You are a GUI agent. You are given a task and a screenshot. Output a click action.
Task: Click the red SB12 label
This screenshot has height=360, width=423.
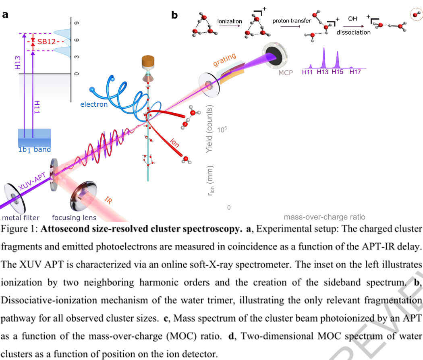47,42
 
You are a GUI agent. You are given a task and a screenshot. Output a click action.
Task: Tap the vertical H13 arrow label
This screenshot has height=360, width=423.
18,63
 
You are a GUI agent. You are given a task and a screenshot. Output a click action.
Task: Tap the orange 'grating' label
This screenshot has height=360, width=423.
225,60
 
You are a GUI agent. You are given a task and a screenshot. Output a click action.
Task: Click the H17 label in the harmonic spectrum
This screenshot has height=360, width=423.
355,72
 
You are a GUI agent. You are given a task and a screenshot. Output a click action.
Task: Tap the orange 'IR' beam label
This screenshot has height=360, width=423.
108,200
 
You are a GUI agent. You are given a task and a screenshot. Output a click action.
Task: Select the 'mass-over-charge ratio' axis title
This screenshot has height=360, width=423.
324,217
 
